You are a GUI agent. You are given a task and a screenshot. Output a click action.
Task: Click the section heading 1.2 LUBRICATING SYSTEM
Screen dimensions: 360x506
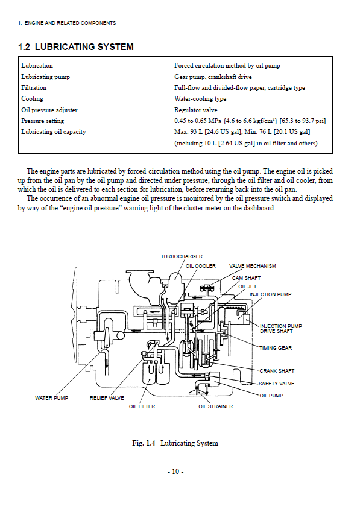[76, 47]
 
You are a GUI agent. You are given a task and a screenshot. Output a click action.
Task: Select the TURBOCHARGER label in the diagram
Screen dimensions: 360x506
[182, 256]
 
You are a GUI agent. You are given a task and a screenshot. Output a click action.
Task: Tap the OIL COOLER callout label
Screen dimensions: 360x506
[201, 266]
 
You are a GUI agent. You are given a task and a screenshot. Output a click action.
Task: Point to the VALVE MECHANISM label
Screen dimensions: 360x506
[253, 266]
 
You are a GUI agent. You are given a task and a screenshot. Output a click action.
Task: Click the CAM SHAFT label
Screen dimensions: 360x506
[246, 278]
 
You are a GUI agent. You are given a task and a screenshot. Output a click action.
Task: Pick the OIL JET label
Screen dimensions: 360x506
[247, 286]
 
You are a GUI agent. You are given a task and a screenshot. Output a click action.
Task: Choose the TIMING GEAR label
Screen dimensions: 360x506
[276, 348]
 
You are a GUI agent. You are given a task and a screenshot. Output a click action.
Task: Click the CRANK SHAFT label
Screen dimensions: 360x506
[277, 371]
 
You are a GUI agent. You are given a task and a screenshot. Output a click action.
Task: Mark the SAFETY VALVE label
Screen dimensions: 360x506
[276, 384]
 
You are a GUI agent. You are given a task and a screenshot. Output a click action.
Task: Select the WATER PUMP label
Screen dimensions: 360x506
[52, 398]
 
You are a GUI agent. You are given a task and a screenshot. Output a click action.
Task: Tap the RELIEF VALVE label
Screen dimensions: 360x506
[107, 398]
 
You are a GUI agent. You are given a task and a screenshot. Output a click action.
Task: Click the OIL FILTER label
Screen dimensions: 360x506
[142, 406]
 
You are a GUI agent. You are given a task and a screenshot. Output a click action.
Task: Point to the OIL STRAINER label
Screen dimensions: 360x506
[215, 406]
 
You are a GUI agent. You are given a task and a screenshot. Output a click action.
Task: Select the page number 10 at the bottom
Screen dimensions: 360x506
[175, 472]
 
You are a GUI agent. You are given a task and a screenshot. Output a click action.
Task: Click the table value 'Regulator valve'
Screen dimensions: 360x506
[196, 110]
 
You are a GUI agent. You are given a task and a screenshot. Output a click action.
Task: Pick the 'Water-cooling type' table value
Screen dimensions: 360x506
[200, 99]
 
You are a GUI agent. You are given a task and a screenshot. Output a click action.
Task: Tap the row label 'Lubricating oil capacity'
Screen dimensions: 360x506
[54, 131]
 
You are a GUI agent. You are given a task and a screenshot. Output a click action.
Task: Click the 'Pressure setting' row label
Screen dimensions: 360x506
[43, 121]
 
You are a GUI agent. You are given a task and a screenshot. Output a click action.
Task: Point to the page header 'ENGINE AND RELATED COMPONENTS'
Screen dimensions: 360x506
[71, 23]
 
